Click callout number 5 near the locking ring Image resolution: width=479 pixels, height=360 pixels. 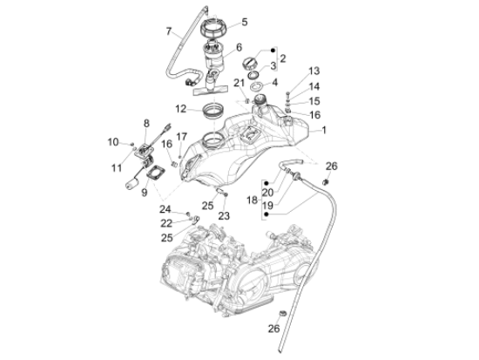tap(244, 22)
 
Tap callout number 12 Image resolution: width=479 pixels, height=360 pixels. tap(180, 109)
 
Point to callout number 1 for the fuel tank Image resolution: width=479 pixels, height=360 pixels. tap(324, 131)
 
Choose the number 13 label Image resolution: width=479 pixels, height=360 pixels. tap(314, 71)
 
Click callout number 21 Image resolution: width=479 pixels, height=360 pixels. tap(238, 83)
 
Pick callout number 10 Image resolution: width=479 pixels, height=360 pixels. tap(113, 141)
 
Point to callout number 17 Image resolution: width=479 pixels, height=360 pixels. tap(182, 137)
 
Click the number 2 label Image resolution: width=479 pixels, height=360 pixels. tap(282, 58)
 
